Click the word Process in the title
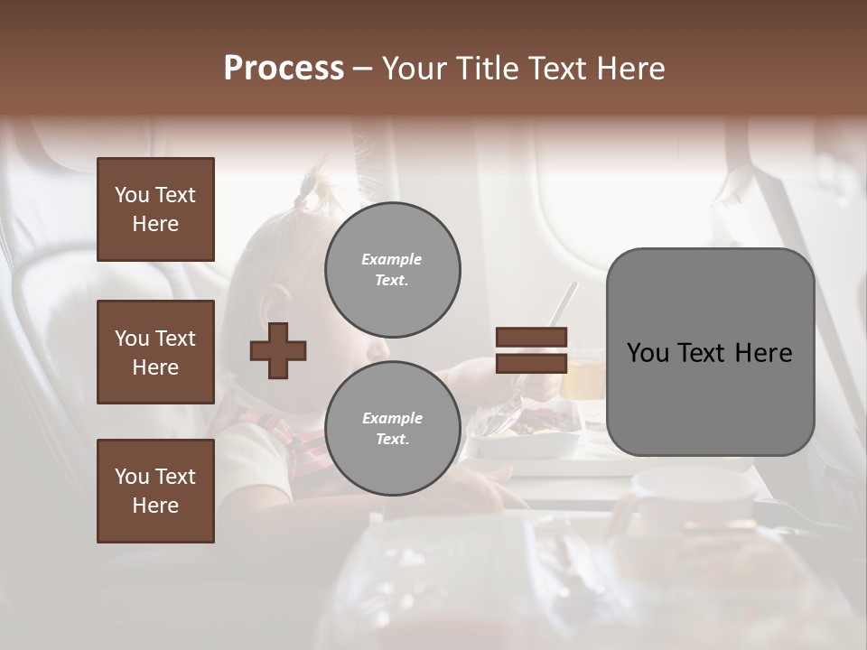(x=284, y=69)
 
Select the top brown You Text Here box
(x=155, y=209)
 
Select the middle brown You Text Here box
(x=155, y=352)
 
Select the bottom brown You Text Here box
(x=155, y=491)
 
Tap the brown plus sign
(x=278, y=349)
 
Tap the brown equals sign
(x=532, y=350)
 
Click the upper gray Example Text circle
(x=392, y=270)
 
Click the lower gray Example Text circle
(x=392, y=429)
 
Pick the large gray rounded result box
(x=710, y=352)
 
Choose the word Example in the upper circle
(x=392, y=259)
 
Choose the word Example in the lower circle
(x=392, y=418)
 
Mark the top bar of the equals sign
(x=532, y=338)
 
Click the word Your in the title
(x=415, y=69)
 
